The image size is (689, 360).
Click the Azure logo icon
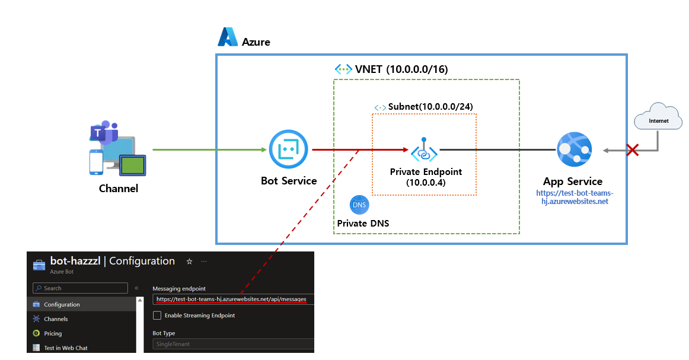(228, 37)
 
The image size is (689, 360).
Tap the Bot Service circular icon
(289, 149)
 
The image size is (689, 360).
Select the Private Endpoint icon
(424, 151)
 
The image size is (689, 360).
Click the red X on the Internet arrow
(633, 150)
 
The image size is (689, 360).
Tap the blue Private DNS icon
(359, 205)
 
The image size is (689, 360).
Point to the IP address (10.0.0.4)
(426, 183)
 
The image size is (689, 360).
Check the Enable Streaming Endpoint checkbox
(157, 315)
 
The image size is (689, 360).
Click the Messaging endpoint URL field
(232, 299)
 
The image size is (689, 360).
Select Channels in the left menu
(56, 319)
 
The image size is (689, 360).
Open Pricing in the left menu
(53, 333)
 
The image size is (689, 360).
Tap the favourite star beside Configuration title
(189, 261)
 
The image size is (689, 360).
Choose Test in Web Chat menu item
(65, 348)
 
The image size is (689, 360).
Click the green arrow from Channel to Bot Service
(208, 150)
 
